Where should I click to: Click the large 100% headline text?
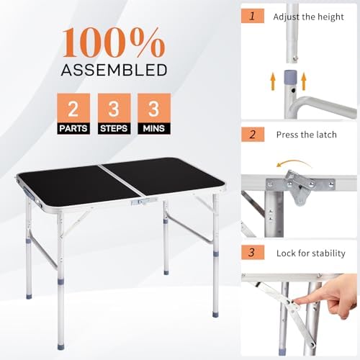[x=114, y=43]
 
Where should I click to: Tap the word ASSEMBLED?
[x=114, y=70]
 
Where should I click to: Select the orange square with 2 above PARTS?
[x=72, y=108]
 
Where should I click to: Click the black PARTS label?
[x=72, y=130]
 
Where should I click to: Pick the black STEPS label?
[x=114, y=130]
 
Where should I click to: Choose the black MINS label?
[x=153, y=130]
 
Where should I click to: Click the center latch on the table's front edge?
[x=140, y=202]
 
